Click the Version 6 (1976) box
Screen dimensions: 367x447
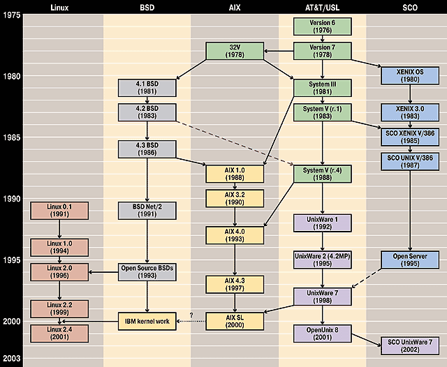[321, 27]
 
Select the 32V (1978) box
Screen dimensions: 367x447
[233, 51]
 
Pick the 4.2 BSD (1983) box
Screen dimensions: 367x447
[147, 112]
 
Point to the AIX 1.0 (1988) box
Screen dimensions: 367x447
[233, 173]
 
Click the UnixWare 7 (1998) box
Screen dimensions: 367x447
[321, 296]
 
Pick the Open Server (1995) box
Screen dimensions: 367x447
[408, 260]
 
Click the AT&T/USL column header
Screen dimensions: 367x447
[321, 7]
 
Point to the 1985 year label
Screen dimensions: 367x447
[11, 137]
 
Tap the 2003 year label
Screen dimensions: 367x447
[11, 358]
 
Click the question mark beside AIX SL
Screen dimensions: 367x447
[190, 314]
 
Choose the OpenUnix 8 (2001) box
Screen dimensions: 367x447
[321, 333]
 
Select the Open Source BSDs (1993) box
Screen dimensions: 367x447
[147, 271]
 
